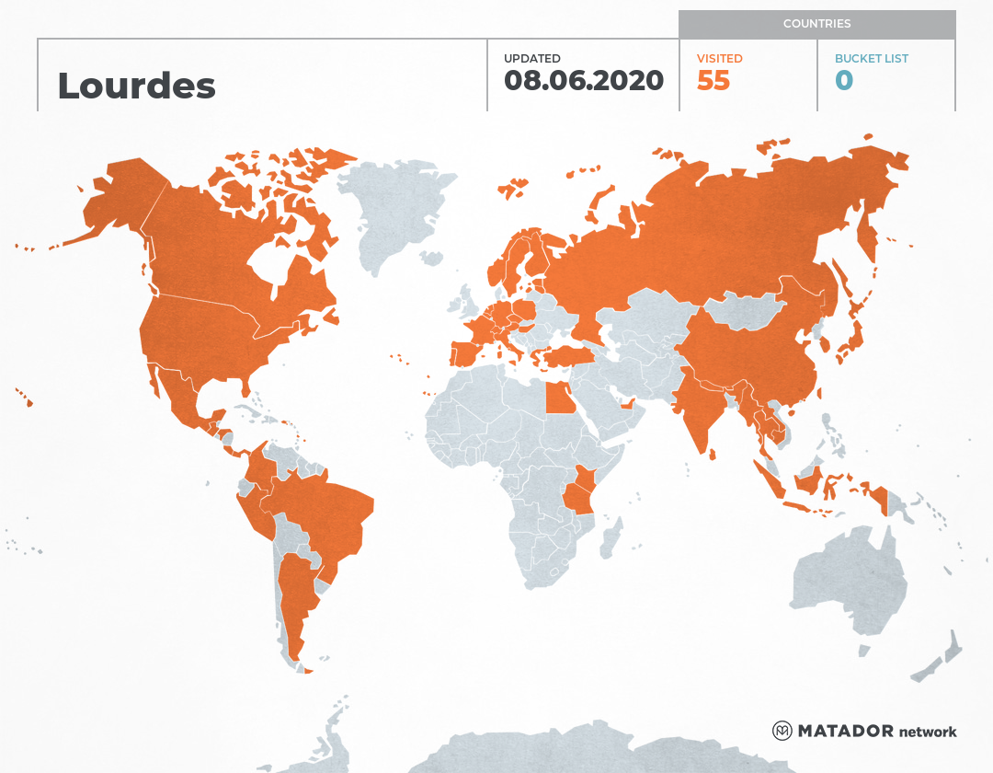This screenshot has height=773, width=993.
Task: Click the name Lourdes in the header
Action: point(136,86)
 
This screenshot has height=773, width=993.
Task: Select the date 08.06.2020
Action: point(584,80)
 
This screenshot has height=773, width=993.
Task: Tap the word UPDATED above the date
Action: point(531,58)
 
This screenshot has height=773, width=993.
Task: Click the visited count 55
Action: point(713,81)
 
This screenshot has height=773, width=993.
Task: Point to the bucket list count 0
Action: point(844,81)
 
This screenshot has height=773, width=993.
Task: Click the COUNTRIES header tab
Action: point(816,24)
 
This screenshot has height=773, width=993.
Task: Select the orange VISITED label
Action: point(719,58)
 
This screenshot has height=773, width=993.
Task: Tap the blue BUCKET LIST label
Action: point(871,58)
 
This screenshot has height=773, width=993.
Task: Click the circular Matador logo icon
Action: point(782,732)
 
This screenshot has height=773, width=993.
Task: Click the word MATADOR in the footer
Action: point(845,732)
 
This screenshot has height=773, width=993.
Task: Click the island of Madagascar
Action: point(609,538)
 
